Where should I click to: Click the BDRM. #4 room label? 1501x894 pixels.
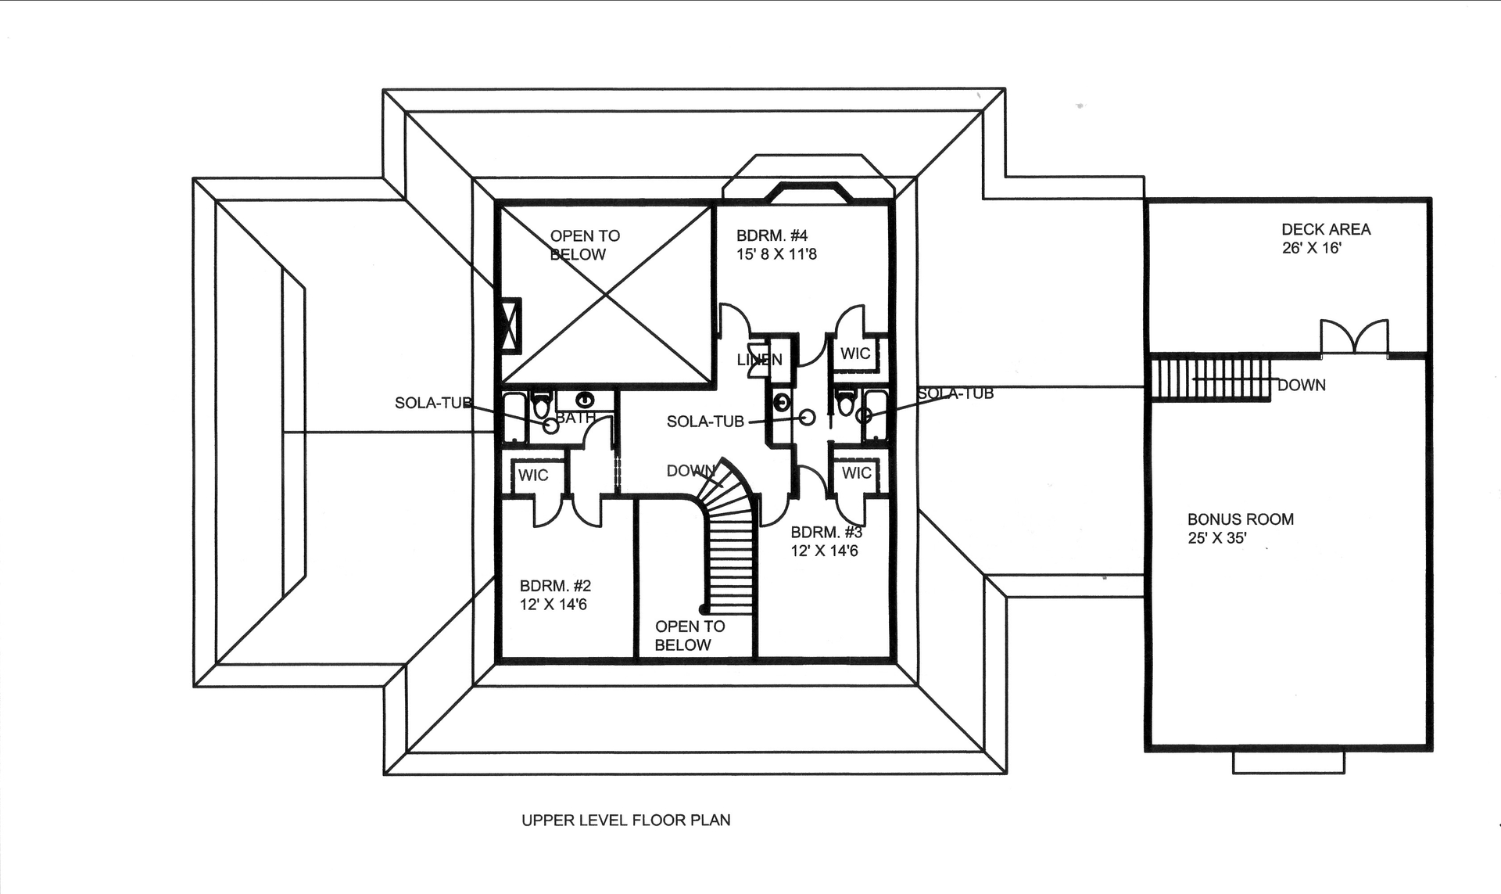[771, 235]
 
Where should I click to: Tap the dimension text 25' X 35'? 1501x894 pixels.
[1216, 538]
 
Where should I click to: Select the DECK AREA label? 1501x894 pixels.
[1325, 229]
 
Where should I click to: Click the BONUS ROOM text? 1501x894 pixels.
[1240, 519]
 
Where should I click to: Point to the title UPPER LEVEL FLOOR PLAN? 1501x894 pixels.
[625, 820]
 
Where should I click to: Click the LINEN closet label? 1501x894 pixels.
[759, 360]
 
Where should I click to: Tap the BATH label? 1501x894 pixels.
[575, 418]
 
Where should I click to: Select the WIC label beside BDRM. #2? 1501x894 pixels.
[533, 476]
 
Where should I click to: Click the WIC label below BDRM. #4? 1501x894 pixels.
[855, 354]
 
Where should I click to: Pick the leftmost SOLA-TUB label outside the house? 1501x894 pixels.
[433, 404]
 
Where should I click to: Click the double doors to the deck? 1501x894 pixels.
[1355, 338]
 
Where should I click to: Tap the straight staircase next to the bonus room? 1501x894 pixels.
[1210, 377]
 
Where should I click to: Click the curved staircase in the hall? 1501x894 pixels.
[732, 540]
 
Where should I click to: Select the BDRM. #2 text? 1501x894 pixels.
[555, 586]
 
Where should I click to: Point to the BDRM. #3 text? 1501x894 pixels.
[826, 533]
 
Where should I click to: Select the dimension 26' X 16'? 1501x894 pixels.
[1311, 248]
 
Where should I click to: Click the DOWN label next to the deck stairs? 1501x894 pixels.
[1301, 386]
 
